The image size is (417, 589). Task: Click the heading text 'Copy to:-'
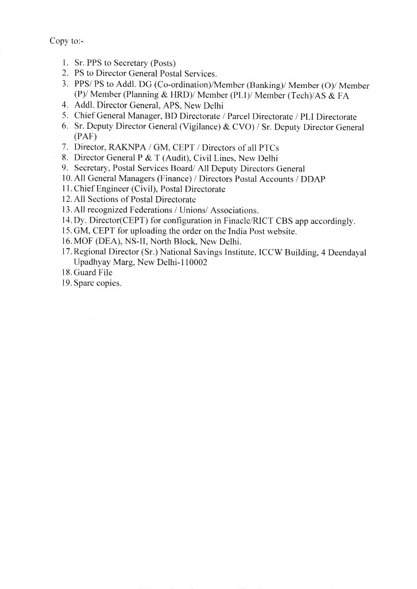67,41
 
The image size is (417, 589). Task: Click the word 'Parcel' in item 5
240,116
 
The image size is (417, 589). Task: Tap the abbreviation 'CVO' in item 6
226,127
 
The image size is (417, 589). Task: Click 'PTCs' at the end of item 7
268,148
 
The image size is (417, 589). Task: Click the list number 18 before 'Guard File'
65,273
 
